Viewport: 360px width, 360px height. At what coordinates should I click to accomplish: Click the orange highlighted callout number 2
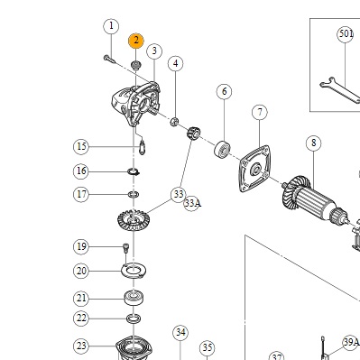click(x=136, y=41)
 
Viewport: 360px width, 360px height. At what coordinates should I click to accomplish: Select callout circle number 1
click(x=111, y=26)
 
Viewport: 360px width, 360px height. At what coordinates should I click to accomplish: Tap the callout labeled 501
click(x=346, y=34)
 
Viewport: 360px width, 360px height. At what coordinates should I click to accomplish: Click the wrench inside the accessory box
click(x=340, y=89)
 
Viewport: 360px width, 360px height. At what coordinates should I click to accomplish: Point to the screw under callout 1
click(x=109, y=59)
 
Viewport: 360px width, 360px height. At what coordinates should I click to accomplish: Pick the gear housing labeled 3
click(x=135, y=104)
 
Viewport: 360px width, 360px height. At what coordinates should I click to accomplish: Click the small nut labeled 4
click(x=174, y=122)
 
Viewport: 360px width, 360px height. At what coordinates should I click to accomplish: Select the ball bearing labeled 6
click(x=223, y=148)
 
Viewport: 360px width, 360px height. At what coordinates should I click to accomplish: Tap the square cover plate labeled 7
click(x=254, y=169)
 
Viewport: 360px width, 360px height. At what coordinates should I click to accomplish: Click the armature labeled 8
click(x=314, y=201)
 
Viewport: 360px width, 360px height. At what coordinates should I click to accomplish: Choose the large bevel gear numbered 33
click(x=133, y=220)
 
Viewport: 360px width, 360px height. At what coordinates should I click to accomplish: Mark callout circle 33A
click(x=192, y=203)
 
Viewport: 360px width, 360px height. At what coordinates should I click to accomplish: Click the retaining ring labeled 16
click(x=134, y=172)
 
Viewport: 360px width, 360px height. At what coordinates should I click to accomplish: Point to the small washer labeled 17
click(x=134, y=195)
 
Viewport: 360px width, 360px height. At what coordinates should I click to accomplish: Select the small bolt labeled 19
click(x=125, y=248)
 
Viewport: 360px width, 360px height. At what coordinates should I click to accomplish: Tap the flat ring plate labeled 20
click(x=134, y=271)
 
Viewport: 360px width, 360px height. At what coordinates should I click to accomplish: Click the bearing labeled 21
click(x=134, y=298)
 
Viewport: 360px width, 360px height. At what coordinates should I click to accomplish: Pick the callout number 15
click(x=81, y=147)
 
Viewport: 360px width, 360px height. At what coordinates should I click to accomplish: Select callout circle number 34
click(x=180, y=333)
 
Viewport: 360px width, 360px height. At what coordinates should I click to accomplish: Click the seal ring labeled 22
click(x=134, y=318)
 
